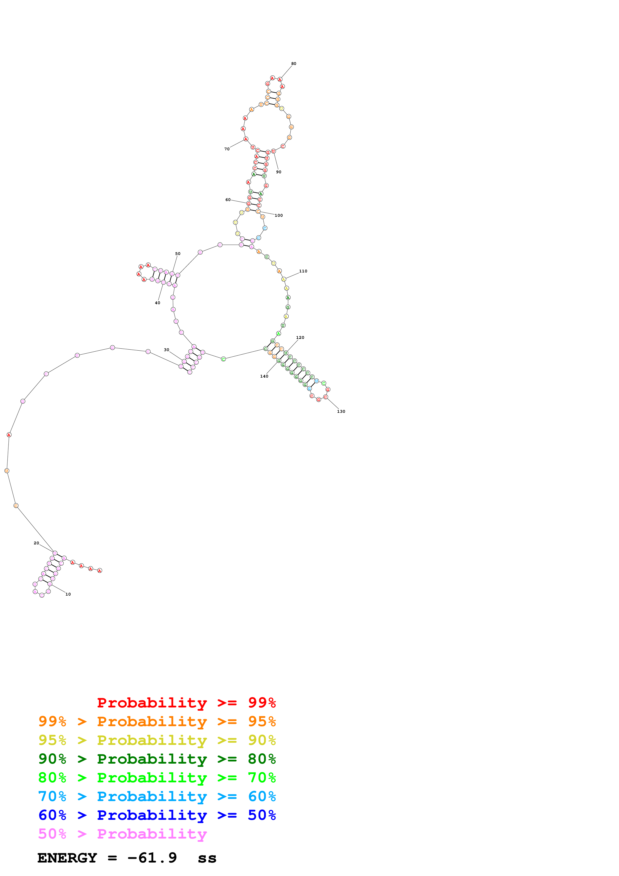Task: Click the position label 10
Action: [68, 594]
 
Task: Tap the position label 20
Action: [36, 543]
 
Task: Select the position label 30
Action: [166, 350]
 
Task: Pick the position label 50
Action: [178, 253]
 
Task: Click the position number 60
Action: [228, 200]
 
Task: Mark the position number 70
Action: [227, 149]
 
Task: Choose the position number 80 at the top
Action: [294, 63]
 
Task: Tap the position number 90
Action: [279, 172]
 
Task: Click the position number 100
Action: [279, 215]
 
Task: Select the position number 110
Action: [303, 271]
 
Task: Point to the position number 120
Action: [300, 337]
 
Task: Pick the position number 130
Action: [341, 411]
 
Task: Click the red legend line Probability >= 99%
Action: [186, 702]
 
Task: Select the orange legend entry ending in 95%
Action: [157, 721]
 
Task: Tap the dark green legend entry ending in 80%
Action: [157, 759]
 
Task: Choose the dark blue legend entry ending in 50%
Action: [157, 815]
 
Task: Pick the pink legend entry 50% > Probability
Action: [122, 834]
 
